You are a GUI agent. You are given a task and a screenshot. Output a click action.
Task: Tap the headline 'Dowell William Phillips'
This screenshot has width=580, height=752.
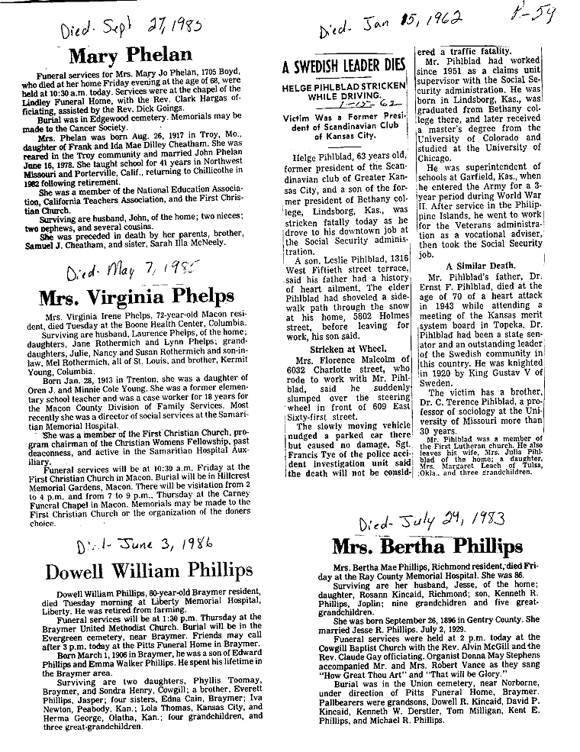pos(148,571)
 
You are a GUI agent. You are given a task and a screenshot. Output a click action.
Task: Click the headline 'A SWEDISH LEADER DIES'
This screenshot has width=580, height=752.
pos(343,66)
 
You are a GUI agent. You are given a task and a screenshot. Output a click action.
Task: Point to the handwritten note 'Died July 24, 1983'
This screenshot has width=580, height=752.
pos(432,522)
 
